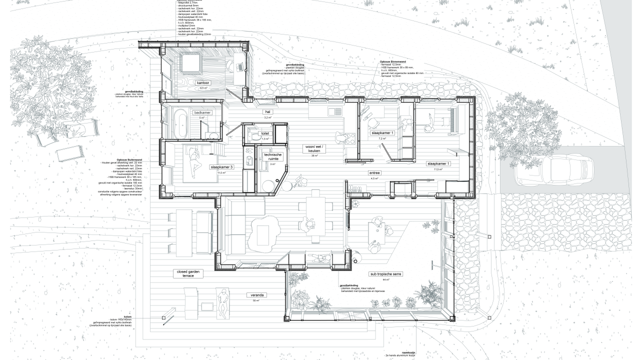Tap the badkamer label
click(202, 113)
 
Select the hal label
click(268, 112)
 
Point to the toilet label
click(265, 133)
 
